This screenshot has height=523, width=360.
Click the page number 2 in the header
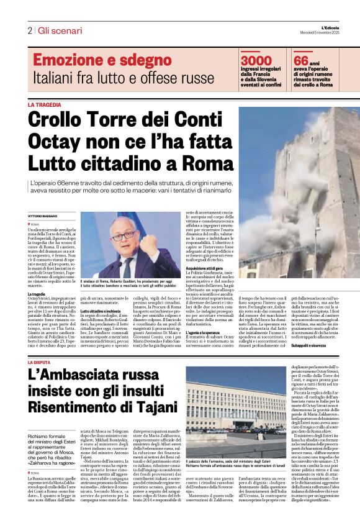(30, 30)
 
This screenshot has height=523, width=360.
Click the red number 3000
(256, 60)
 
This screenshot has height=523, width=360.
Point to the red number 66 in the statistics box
(301, 60)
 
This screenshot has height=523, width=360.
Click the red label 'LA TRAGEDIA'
(44, 105)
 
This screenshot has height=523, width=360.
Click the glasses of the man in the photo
(122, 238)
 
